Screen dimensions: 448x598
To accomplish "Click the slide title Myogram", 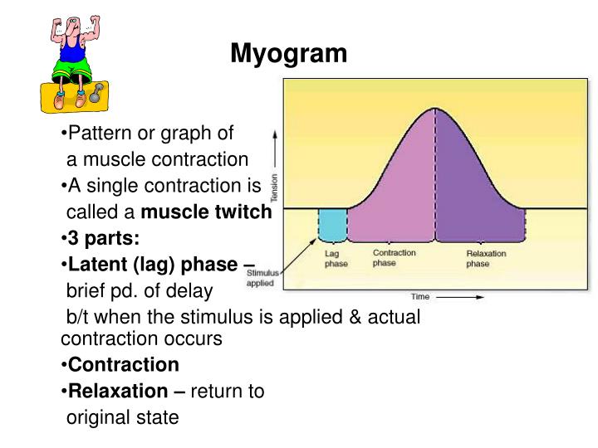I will (x=288, y=54).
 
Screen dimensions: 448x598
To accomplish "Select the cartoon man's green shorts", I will (x=68, y=68).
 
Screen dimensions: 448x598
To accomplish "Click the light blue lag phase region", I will (x=332, y=225).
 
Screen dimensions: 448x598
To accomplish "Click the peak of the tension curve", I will (x=434, y=109).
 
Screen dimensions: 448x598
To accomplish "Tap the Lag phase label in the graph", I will (x=335, y=259).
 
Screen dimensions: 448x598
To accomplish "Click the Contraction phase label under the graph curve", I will (x=394, y=258).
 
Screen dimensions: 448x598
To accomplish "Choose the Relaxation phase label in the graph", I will (x=486, y=259).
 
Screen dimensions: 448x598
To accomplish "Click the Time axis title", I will (x=419, y=296).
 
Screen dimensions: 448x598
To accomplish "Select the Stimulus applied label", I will (x=264, y=277).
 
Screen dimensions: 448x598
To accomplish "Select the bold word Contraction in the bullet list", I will (x=123, y=364).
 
